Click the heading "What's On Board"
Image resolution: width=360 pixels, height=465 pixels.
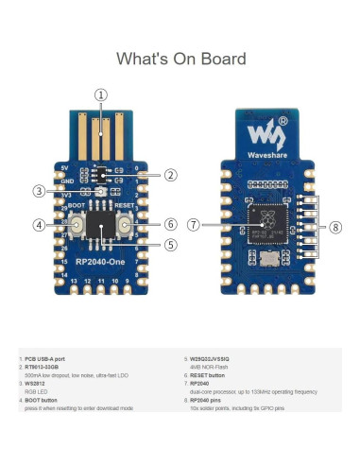tap(180, 59)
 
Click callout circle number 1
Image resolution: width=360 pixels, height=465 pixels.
tap(101, 95)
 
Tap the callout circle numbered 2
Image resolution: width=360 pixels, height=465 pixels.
tap(170, 175)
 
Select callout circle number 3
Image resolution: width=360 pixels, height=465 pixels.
tap(39, 191)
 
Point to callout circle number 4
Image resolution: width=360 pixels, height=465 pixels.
tap(39, 225)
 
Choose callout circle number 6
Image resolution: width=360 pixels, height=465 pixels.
tap(170, 225)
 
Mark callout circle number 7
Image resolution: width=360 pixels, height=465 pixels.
tap(194, 225)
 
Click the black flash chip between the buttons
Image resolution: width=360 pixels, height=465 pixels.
tap(98, 225)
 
